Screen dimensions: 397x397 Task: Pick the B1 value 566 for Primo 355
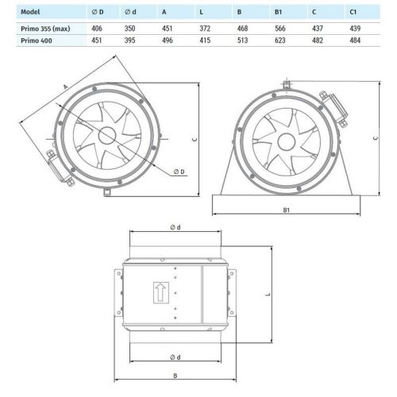click(296, 27)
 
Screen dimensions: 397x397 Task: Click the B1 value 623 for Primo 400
click(296, 41)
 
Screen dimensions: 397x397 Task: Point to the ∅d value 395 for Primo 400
click(132, 41)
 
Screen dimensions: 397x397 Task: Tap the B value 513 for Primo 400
click(256, 41)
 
